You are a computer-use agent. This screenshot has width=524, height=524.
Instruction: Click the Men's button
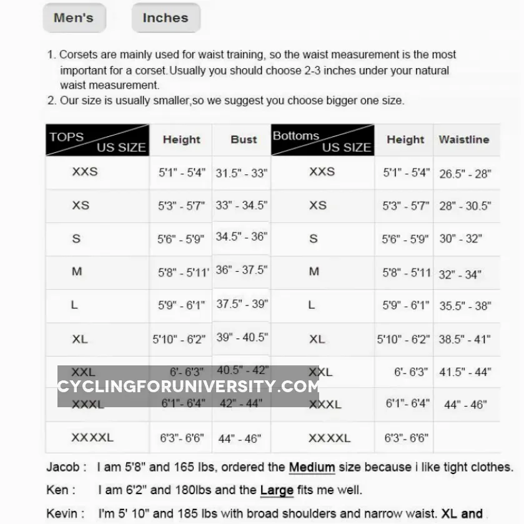click(74, 17)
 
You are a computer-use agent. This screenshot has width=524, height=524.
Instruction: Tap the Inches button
click(166, 17)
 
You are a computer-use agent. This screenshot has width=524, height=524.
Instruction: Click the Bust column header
click(244, 140)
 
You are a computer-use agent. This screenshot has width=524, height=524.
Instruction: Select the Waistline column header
click(464, 140)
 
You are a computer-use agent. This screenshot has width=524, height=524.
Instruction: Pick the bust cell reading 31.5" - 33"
click(242, 173)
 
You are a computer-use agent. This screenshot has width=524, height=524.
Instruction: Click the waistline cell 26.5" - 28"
click(465, 174)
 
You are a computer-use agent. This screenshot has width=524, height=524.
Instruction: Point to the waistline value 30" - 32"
click(460, 239)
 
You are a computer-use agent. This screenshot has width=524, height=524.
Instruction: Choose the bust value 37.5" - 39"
click(242, 304)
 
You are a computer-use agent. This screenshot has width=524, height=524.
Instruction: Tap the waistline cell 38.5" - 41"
click(465, 340)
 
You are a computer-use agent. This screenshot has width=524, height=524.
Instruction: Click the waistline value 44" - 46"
click(465, 405)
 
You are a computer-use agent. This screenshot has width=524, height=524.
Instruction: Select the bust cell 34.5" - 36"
click(242, 237)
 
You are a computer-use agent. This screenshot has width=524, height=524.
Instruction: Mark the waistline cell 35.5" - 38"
click(465, 306)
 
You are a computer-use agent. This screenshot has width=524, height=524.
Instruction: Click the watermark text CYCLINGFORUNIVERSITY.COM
click(189, 387)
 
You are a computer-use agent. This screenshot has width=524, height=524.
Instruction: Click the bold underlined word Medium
click(312, 467)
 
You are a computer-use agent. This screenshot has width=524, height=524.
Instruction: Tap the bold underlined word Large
click(277, 490)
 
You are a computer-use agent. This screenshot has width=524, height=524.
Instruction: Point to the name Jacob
click(62, 467)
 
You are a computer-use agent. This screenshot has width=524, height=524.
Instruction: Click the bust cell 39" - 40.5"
click(242, 337)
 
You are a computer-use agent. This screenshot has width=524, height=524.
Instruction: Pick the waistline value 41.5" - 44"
click(465, 372)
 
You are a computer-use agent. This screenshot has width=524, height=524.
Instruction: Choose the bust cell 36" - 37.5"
click(242, 270)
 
